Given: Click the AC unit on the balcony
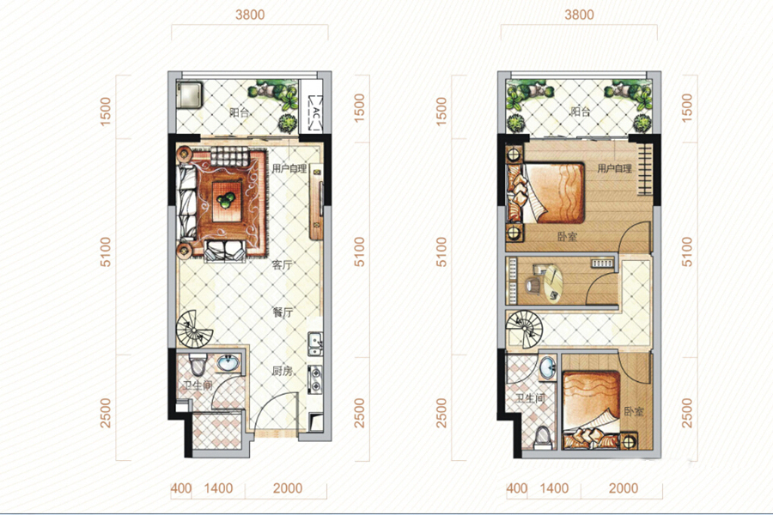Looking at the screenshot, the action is point(315,112).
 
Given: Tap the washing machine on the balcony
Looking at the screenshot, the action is point(190,95).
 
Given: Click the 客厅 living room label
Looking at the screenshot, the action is point(282,265).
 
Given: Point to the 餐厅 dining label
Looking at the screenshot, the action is point(283,312).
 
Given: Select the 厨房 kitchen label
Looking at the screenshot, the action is point(282,371).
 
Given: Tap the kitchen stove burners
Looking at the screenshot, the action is point(314,379).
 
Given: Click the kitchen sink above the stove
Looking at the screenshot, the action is point(314,343).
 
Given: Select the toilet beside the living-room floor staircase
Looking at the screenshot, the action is point(198,365).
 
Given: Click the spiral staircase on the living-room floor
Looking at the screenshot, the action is point(194,330).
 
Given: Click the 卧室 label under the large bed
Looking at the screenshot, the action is point(567,237).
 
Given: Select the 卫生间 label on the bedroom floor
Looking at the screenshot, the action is point(531,397).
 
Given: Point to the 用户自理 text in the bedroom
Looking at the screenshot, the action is point(614,168).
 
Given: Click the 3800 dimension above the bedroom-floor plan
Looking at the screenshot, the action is point(579,15).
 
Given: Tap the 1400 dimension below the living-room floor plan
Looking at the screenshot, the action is point(218,488).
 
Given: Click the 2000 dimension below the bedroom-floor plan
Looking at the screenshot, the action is point(624,488).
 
